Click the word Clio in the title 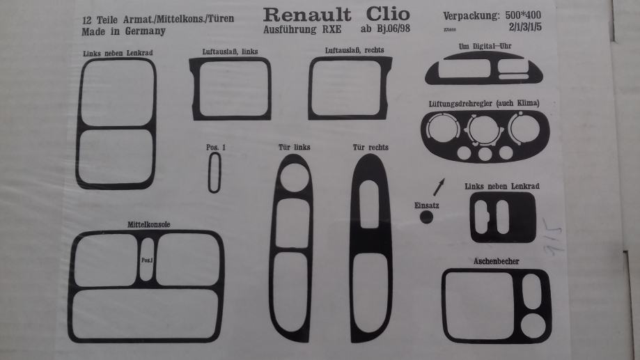(x=382, y=14)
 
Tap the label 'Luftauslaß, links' (x=229, y=52)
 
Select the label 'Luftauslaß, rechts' (x=354, y=51)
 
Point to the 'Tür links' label (x=293, y=147)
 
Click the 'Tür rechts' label (x=370, y=147)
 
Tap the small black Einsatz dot (x=426, y=217)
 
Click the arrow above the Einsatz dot (x=439, y=186)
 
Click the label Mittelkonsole (x=149, y=224)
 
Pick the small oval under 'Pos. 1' (x=214, y=172)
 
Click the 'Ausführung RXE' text (x=302, y=30)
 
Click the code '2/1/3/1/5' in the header (x=529, y=28)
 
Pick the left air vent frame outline (x=230, y=88)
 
